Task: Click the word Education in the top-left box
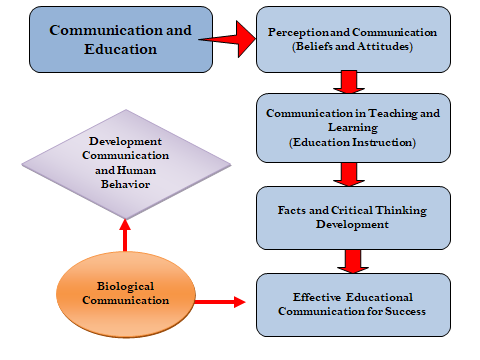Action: [x=120, y=49]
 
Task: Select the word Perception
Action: [x=299, y=33]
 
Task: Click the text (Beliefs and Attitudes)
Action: [x=352, y=46]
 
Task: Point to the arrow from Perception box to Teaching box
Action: [x=349, y=82]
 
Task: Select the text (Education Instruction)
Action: [x=352, y=143]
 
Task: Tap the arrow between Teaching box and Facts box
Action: [x=349, y=174]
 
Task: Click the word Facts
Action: [x=292, y=210]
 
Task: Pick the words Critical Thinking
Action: [x=379, y=211]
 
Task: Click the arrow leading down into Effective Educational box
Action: [x=353, y=261]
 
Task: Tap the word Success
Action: [x=405, y=311]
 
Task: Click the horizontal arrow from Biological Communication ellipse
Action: [x=220, y=302]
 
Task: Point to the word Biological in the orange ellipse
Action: [x=125, y=286]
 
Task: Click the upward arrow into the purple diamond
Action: [x=125, y=236]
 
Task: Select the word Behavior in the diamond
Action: [x=125, y=184]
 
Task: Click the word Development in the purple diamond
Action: [x=125, y=142]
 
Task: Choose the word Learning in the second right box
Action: [x=353, y=128]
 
